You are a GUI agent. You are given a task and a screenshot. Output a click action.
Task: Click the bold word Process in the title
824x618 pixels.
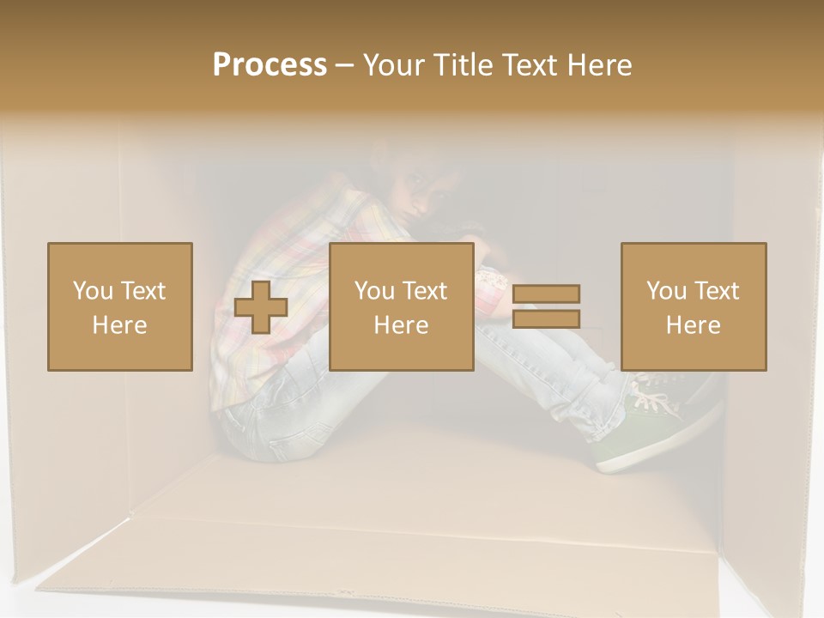tap(270, 65)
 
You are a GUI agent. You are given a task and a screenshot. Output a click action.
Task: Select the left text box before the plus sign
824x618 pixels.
tap(120, 306)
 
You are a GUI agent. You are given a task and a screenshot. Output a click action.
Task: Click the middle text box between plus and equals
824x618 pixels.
tap(402, 306)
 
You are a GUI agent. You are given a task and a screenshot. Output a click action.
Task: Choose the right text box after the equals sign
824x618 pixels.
tap(694, 306)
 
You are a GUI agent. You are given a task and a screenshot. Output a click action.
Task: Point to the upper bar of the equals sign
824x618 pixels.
tap(546, 294)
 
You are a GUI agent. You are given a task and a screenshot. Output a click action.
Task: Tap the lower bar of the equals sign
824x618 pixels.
tap(546, 318)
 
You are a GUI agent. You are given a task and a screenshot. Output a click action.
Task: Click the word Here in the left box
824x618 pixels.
tap(119, 325)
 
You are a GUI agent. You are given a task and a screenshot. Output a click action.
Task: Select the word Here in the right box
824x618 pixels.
tap(693, 325)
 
